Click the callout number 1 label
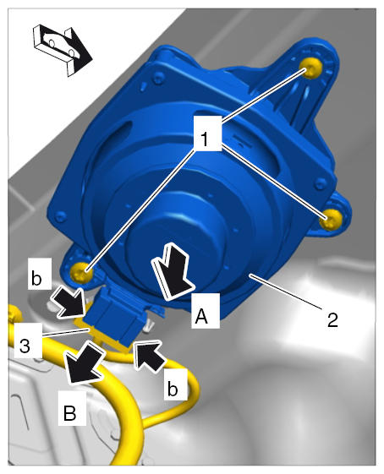pos(206,139)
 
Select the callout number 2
pos(332,319)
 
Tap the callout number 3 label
pos(25,346)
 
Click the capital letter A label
pos(201,317)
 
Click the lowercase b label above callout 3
pos(36,278)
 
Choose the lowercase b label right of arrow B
pos(173,389)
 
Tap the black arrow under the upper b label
pos(68,302)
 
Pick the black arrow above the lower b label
pos(150,357)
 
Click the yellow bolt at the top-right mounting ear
pos(310,69)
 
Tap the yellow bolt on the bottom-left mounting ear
pos(81,272)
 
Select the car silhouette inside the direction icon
pos(60,45)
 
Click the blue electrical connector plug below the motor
pos(114,316)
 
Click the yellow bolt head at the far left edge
pos(14,313)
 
